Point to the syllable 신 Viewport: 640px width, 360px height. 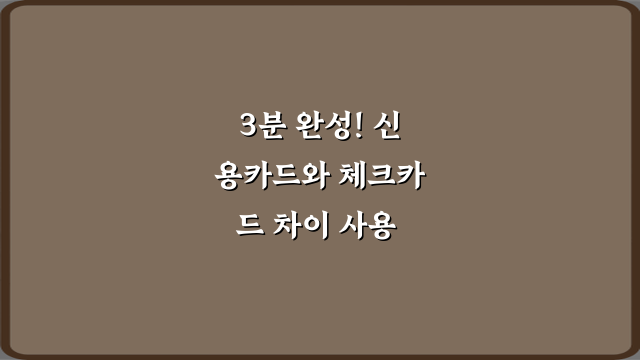pos(388,127)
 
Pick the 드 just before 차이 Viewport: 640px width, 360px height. pos(248,229)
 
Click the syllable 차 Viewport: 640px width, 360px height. pos(286,228)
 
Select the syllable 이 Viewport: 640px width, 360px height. pos(313,228)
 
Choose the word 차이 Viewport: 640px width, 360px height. pos(299,228)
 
